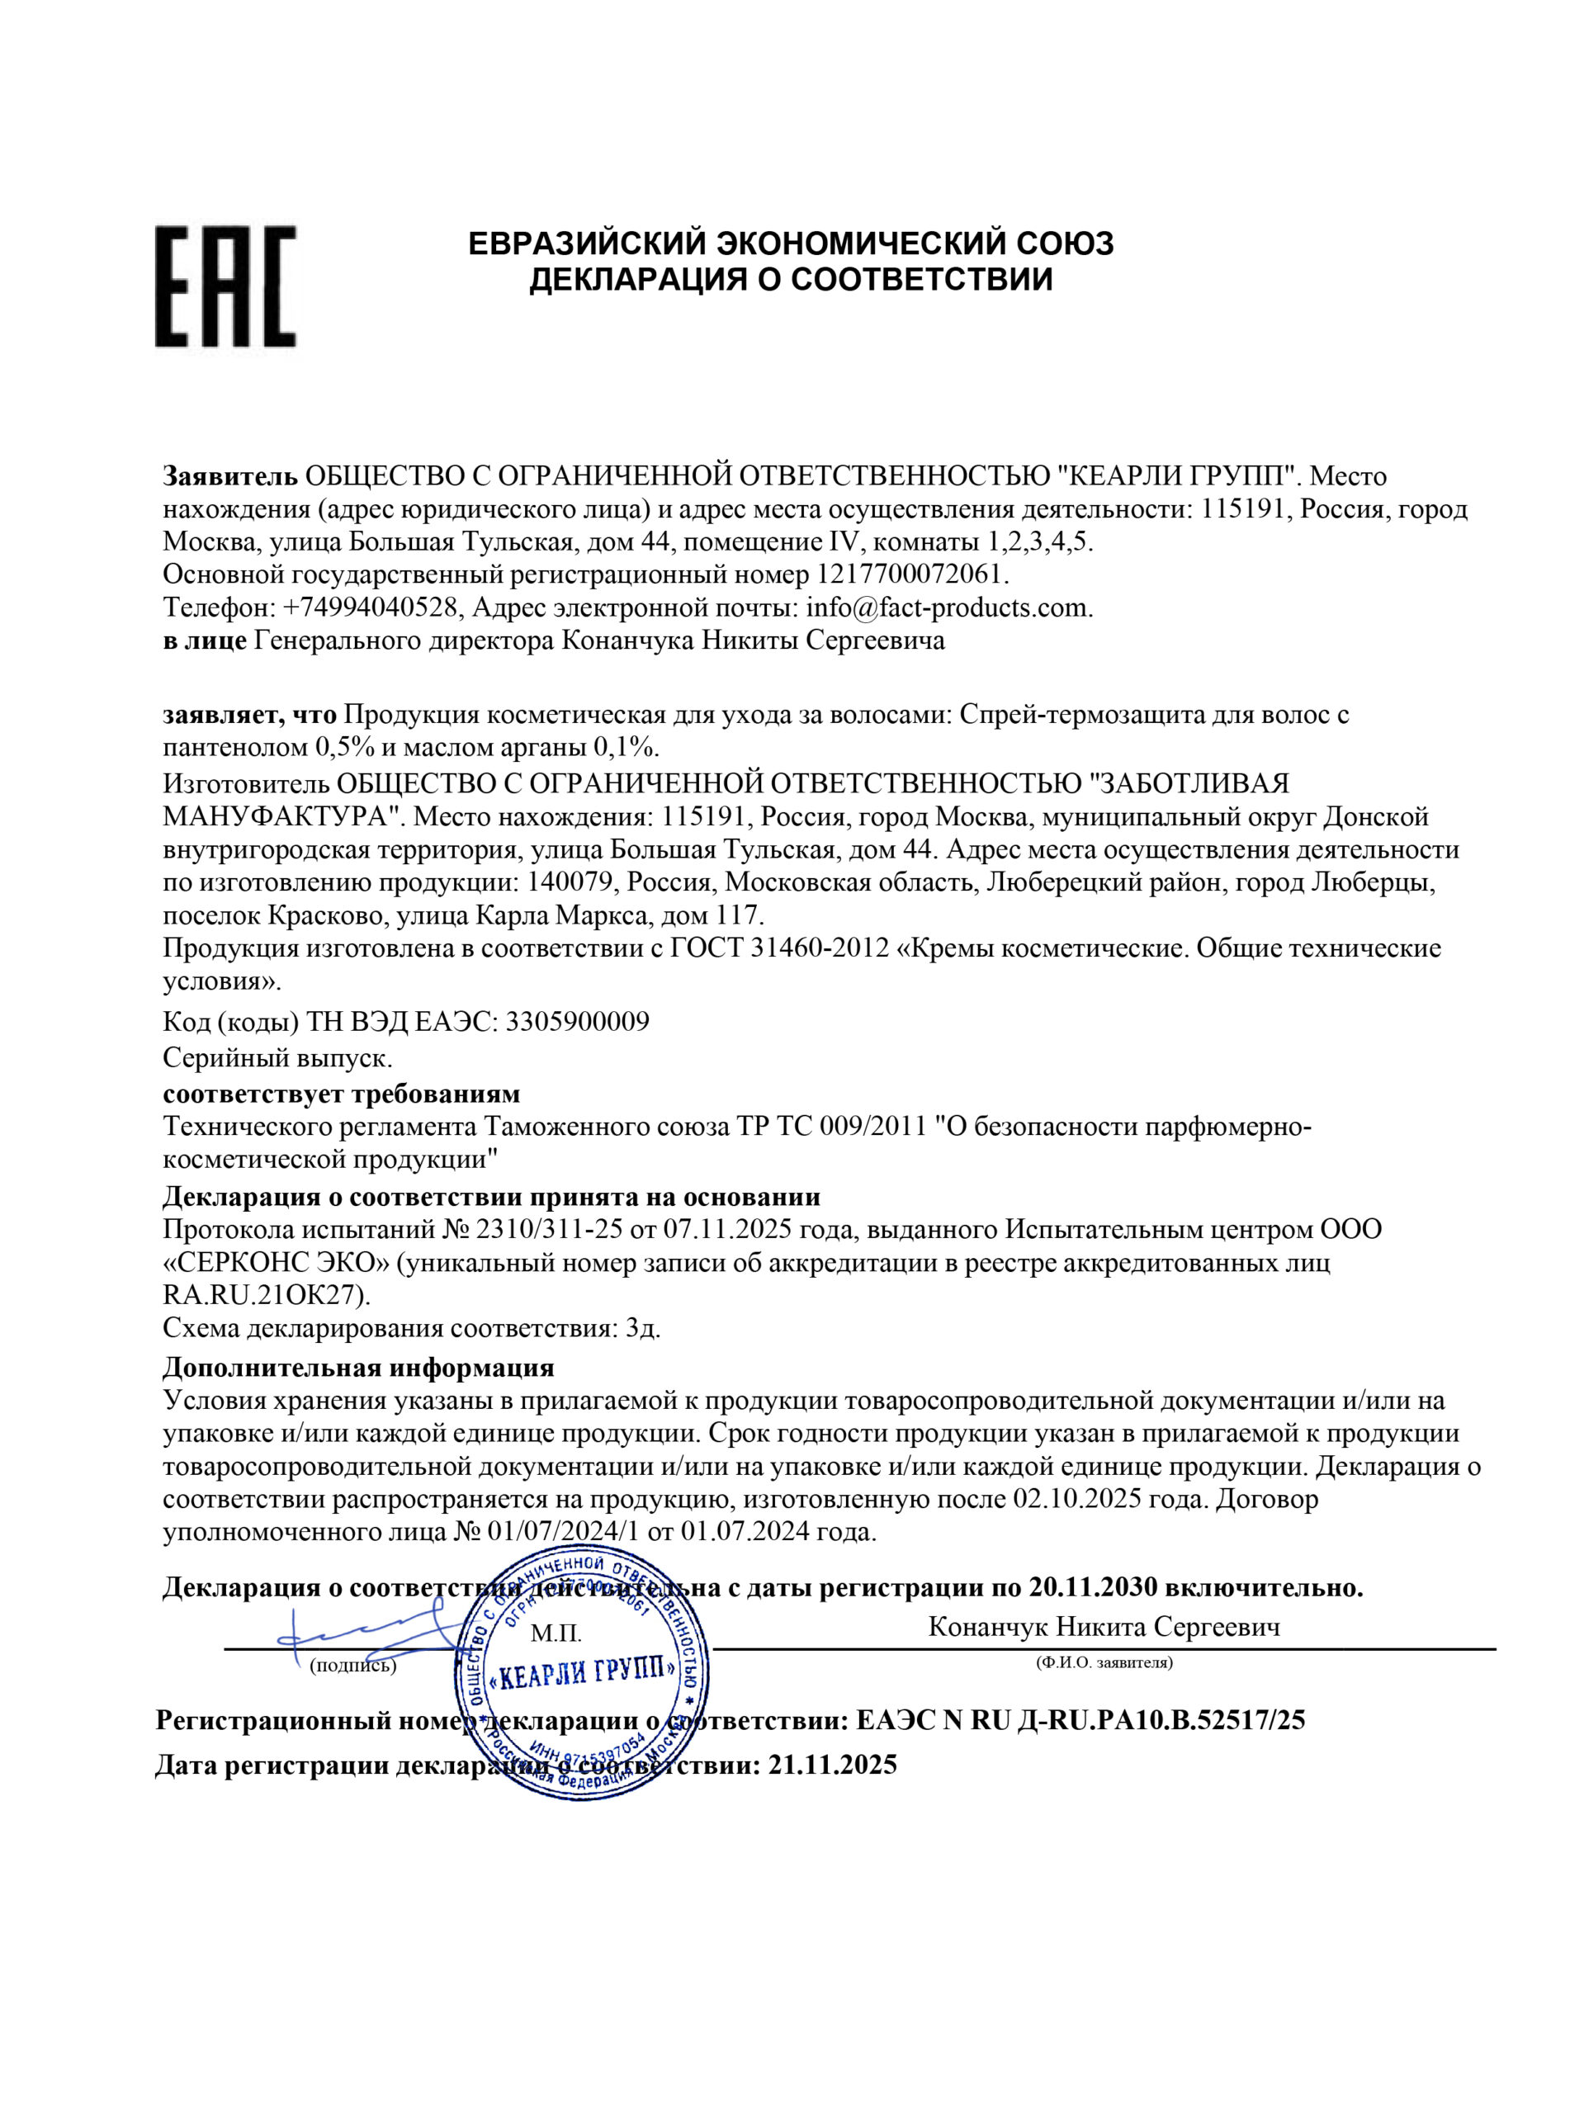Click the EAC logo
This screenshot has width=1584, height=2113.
225,286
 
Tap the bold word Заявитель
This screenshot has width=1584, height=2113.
229,475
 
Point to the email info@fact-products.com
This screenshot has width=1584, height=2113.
948,607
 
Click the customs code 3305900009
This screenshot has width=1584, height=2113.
577,1022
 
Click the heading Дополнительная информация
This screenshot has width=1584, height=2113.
358,1368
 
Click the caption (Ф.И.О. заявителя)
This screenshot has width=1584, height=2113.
1104,1663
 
